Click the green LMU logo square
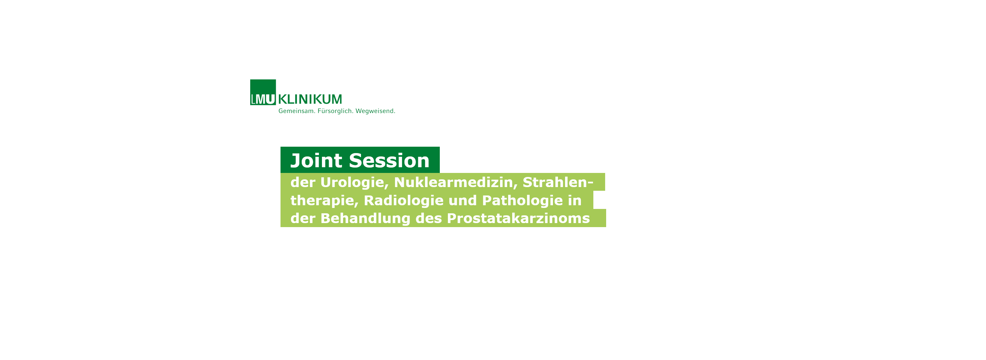[x=263, y=92]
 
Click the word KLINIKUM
[x=310, y=100]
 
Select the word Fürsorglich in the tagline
[x=335, y=111]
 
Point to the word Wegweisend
[x=375, y=111]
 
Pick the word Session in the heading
[x=389, y=160]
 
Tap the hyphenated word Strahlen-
[x=558, y=182]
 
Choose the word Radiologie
[x=403, y=201]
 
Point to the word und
[x=463, y=201]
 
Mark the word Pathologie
[x=522, y=201]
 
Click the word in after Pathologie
[x=574, y=201]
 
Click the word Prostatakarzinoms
[x=518, y=218]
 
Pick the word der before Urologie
[x=303, y=182]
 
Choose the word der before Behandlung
[x=303, y=218]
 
